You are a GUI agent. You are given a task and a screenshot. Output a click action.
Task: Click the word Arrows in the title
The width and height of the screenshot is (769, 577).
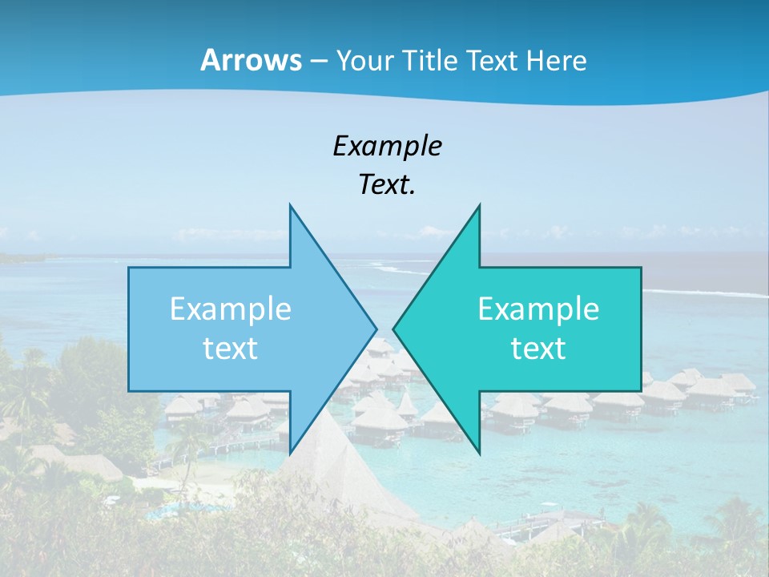[251, 60]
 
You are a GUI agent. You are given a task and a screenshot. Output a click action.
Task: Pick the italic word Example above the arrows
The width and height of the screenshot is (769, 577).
[387, 146]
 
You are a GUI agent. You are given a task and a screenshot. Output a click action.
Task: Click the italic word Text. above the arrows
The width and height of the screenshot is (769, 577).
[387, 184]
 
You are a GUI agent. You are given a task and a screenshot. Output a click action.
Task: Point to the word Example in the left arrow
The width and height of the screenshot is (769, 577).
[231, 309]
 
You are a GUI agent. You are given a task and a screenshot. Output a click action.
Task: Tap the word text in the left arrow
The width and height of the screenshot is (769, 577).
[231, 348]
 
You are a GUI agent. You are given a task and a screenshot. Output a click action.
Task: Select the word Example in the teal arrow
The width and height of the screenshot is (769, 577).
[538, 309]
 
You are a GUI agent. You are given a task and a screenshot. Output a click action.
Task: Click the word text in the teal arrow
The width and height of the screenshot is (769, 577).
[538, 348]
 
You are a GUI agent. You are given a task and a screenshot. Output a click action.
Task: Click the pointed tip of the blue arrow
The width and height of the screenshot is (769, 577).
[376, 329]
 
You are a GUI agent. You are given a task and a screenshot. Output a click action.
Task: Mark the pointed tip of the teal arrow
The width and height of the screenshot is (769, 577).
[394, 329]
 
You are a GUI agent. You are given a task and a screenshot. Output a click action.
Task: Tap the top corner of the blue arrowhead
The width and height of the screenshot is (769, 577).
[290, 206]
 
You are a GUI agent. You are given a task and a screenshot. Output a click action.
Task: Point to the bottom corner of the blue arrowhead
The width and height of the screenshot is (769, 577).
[290, 452]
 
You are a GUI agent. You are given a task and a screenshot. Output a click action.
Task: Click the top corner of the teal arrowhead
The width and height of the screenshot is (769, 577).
[479, 206]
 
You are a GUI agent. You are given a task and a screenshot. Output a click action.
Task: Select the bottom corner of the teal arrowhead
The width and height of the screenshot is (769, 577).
[479, 452]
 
